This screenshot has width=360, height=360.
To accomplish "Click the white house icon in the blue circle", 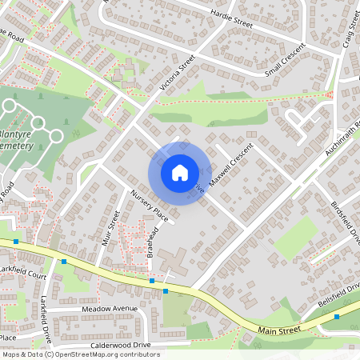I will click(x=179, y=173).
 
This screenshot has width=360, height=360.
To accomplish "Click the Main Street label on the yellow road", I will click(x=278, y=328).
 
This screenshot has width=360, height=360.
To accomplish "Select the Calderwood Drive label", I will click(x=121, y=345).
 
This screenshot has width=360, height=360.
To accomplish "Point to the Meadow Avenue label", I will click(x=109, y=308).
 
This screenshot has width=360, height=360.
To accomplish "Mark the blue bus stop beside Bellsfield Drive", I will click(x=337, y=317).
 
